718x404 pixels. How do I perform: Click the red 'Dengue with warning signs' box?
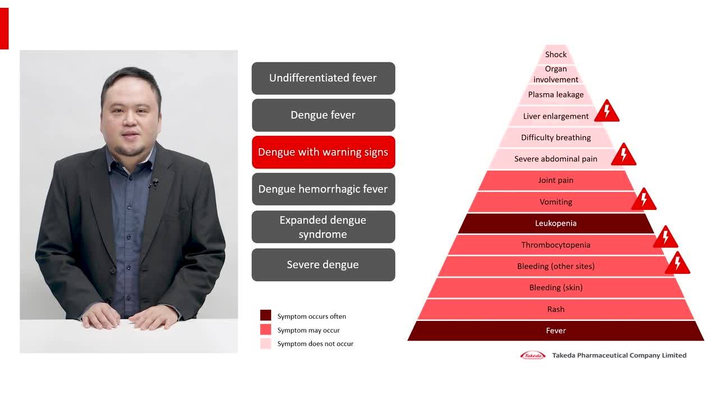[324, 152]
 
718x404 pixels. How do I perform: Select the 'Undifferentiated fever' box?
[324, 78]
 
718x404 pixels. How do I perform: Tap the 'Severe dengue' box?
[324, 265]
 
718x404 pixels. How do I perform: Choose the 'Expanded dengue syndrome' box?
[324, 227]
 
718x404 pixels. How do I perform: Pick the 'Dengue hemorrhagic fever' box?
[324, 189]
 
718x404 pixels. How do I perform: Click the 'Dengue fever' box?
[324, 115]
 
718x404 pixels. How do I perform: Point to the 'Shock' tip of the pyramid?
[556, 54]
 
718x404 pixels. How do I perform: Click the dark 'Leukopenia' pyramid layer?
[556, 223]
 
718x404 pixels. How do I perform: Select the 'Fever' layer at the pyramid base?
[556, 330]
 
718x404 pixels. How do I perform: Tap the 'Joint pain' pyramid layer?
[556, 180]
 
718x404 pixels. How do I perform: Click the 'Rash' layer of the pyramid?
[556, 309]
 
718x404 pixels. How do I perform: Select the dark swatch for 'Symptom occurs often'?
[266, 315]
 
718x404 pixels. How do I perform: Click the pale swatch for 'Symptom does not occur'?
[266, 343]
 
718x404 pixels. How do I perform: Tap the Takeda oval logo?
[533, 355]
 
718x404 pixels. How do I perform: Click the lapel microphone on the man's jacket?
[154, 183]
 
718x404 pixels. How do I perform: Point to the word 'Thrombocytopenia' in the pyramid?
[556, 245]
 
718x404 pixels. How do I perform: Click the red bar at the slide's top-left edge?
[4, 29]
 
